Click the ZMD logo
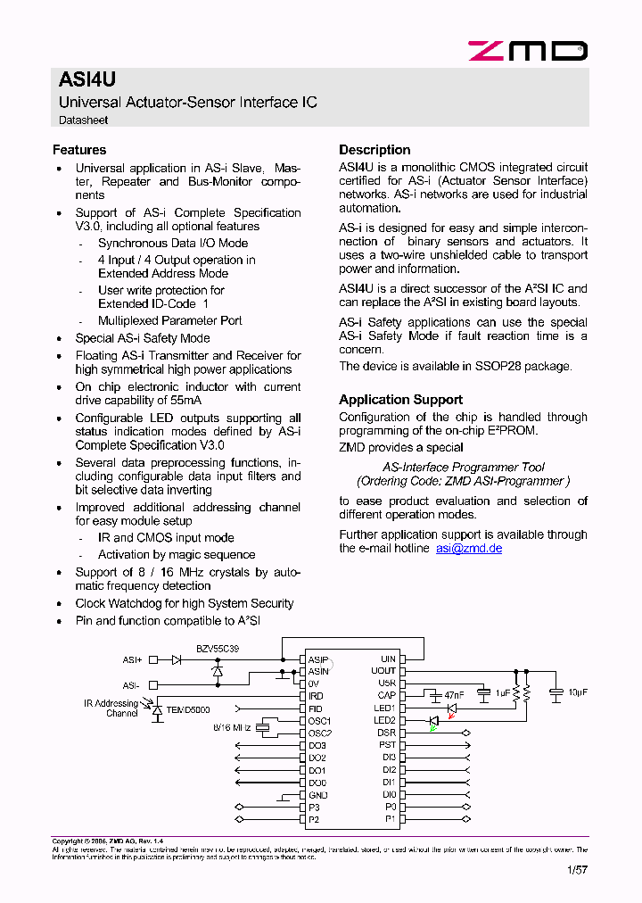tap(528, 51)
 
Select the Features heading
tap(79, 150)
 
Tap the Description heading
tap(374, 150)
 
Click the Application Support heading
tap(400, 400)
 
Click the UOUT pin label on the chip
tap(383, 671)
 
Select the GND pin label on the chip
tap(317, 795)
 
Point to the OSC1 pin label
tap(319, 721)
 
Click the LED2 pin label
tap(384, 720)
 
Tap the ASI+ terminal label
tap(132, 660)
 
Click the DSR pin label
tap(386, 733)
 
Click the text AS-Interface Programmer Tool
tap(463, 467)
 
